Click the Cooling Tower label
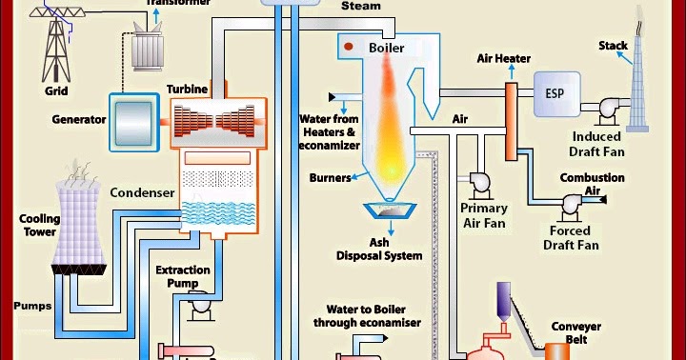pyautogui.click(x=39, y=226)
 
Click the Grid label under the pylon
pyautogui.click(x=57, y=93)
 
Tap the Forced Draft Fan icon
pyautogui.click(x=574, y=203)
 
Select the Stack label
pyautogui.click(x=613, y=46)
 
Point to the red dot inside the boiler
pyautogui.click(x=350, y=47)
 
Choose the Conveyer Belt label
pyautogui.click(x=576, y=334)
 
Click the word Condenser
pyautogui.click(x=142, y=192)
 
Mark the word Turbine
pyautogui.click(x=188, y=89)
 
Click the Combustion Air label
pyautogui.click(x=592, y=184)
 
